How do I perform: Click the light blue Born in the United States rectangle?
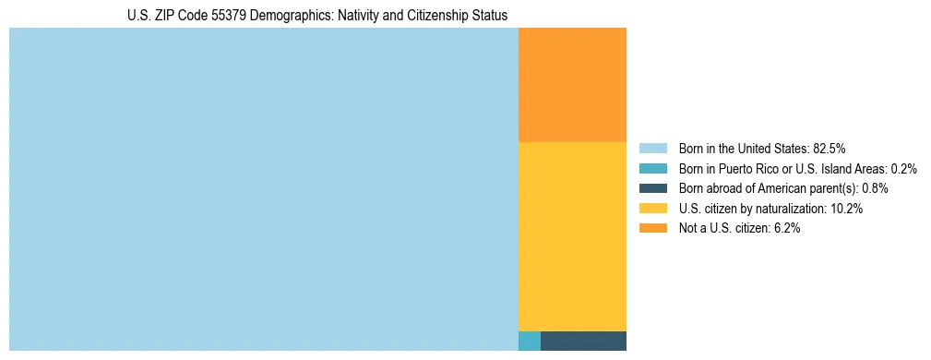264,189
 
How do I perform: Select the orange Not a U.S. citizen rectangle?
572,85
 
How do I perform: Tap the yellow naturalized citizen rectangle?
572,236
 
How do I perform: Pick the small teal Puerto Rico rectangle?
530,341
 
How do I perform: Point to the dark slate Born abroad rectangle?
583,341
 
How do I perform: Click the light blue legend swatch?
652,149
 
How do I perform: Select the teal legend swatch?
652,169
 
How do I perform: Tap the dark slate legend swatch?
652,188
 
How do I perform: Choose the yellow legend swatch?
652,209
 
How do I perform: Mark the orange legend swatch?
652,229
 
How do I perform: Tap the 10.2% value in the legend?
846,209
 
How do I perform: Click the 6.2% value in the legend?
785,229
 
